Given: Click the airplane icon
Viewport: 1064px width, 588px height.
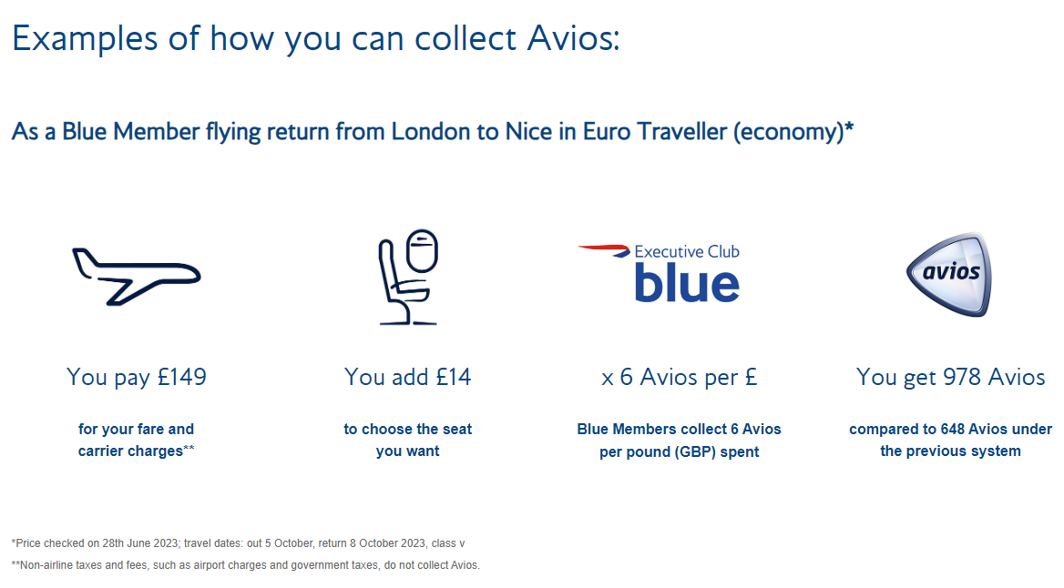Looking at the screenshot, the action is point(136,276).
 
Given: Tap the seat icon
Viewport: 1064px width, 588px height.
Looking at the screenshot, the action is point(407,277).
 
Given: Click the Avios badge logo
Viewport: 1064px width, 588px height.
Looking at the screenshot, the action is point(949,274).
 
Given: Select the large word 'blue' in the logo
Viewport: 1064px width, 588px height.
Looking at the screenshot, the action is point(687,282).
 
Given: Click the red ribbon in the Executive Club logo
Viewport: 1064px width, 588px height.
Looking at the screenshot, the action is point(604,250).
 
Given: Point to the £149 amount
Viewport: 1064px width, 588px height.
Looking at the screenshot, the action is point(182,377).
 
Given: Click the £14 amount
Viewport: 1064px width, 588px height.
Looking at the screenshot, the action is point(454,377).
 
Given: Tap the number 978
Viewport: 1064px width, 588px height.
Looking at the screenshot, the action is point(961,377).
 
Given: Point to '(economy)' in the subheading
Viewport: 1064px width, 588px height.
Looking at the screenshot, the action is point(789,132).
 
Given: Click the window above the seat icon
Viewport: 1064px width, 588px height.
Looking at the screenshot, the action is point(422,250).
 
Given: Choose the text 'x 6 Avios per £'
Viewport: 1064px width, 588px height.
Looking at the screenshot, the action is point(680,377).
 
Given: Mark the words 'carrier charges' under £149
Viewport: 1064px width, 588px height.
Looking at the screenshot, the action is point(130,451).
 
